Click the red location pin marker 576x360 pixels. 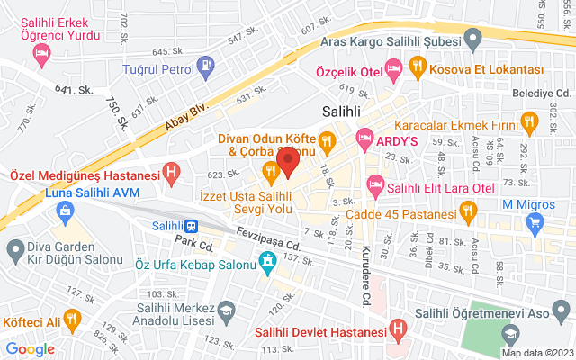[288, 163]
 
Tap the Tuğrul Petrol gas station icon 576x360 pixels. [206, 66]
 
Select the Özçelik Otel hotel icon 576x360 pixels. [393, 68]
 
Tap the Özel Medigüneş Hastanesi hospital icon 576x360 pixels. [172, 171]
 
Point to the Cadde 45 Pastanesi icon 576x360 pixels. [467, 212]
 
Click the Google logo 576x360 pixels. [30, 349]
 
